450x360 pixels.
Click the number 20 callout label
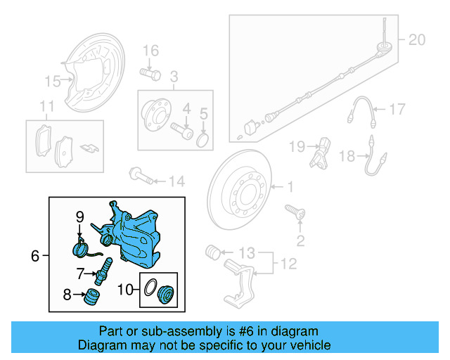[x=417, y=40]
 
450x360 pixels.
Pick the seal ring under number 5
[x=203, y=141]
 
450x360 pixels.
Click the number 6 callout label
[x=35, y=257]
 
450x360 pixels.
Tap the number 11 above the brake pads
[x=46, y=107]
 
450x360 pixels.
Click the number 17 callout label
[x=397, y=109]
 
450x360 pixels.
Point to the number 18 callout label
[x=347, y=157]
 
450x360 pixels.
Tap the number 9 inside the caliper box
[x=79, y=216]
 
